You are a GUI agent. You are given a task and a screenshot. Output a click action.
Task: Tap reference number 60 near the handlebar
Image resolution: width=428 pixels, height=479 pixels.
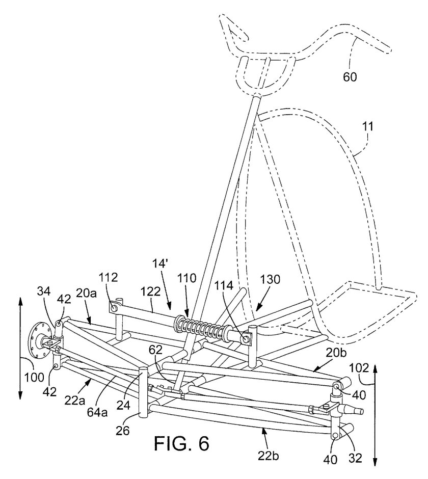350,77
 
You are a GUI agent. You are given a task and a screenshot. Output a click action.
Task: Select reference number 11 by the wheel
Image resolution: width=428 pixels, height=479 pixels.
367,125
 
